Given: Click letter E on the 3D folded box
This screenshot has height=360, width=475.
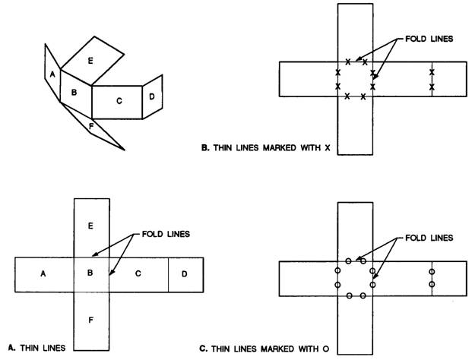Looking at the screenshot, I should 90,59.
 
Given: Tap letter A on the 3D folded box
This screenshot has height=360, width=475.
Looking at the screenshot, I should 52,74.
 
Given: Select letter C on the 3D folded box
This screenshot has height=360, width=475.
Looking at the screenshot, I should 119,99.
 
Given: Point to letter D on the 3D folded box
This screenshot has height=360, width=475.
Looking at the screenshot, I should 152,96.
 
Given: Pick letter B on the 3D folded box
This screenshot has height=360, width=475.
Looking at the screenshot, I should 74,93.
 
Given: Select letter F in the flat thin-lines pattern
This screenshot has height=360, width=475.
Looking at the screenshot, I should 90,320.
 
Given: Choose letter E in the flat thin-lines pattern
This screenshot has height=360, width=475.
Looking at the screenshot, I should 90,226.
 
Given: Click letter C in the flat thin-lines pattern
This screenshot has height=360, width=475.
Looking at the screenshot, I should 138,273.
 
